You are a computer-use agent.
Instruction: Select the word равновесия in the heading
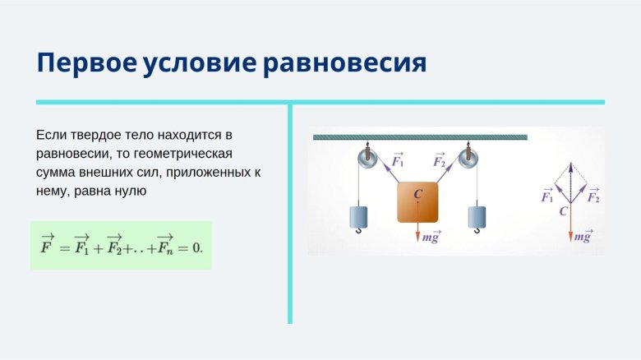point(345,62)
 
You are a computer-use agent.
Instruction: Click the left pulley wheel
point(367,158)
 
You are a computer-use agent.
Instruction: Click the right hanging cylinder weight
point(478,216)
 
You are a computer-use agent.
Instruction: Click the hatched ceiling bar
point(419,136)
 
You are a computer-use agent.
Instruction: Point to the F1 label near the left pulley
point(398,160)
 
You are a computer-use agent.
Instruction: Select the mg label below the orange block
point(431,237)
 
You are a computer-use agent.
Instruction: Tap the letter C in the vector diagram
point(563,211)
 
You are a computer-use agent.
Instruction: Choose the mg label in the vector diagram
point(583,237)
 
